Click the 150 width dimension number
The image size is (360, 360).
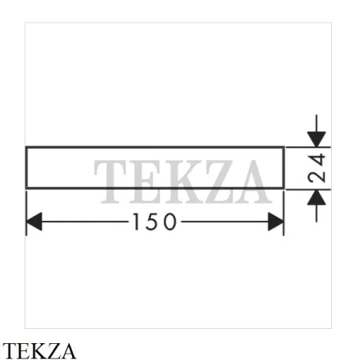pyautogui.click(x=154, y=222)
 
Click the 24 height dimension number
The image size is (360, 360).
pyautogui.click(x=317, y=168)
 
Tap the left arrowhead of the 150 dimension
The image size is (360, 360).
pyautogui.click(x=34, y=222)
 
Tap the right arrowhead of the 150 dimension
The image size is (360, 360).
pyautogui.click(x=276, y=222)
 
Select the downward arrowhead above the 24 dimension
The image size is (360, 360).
pyautogui.click(x=317, y=139)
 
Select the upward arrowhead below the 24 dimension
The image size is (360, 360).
pyautogui.click(x=317, y=198)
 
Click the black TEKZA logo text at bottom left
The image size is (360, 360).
pyautogui.click(x=39, y=351)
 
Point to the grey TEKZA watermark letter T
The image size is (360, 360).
pyautogui.click(x=110, y=182)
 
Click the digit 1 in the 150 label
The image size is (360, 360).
pyautogui.click(x=136, y=222)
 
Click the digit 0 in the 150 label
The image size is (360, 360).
pyautogui.click(x=170, y=222)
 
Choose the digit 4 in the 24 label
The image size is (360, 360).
pyautogui.click(x=317, y=160)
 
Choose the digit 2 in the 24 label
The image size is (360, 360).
pyautogui.click(x=317, y=177)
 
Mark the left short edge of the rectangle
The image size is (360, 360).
pyautogui.click(x=26, y=168)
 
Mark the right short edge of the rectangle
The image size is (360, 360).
pyautogui.click(x=284, y=168)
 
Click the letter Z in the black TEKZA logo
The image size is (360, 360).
pyautogui.click(x=53, y=351)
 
